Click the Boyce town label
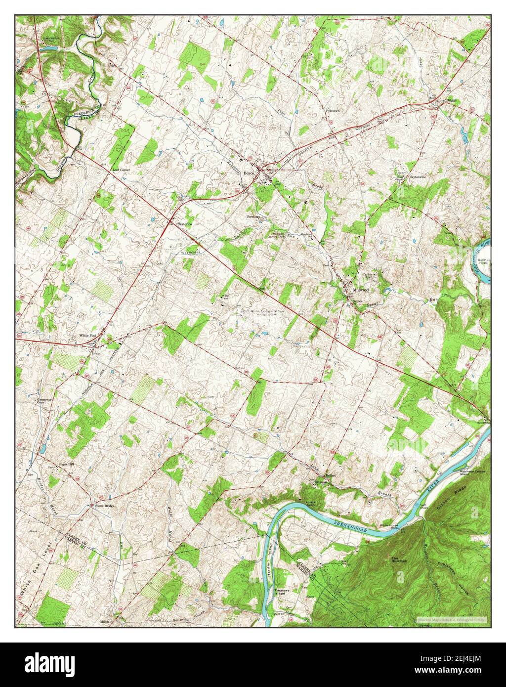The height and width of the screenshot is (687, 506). tap(249, 167)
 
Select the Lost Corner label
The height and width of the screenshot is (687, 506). tap(121, 170)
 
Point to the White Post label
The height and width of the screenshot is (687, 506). tap(87, 336)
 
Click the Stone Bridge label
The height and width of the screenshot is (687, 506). tap(105, 506)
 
